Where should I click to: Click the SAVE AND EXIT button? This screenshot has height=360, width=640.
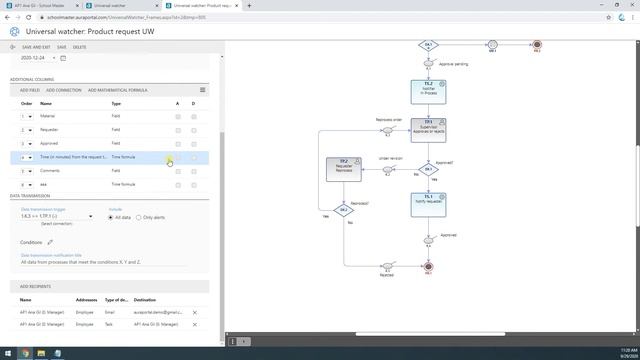tap(34, 47)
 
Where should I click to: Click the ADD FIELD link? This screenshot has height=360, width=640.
tap(30, 90)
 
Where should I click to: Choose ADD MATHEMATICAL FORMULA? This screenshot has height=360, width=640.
tap(117, 90)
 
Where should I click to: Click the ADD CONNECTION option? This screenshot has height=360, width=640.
tap(64, 90)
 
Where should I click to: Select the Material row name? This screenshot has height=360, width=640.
tap(48, 116)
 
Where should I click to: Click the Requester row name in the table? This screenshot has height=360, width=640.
tap(49, 130)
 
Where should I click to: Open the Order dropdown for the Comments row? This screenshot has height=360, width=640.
tap(27, 171)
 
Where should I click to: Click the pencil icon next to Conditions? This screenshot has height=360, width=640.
tap(51, 242)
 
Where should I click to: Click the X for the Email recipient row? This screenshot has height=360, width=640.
tap(195, 313)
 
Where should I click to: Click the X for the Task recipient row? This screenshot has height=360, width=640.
tap(195, 325)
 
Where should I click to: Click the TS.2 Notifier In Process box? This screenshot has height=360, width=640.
tap(428, 91)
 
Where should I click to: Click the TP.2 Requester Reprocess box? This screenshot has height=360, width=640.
tap(343, 168)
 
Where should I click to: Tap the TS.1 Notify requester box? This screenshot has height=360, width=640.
tap(428, 204)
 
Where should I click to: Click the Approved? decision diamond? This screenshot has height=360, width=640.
tap(428, 170)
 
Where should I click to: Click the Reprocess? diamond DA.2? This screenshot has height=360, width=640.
tap(343, 210)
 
